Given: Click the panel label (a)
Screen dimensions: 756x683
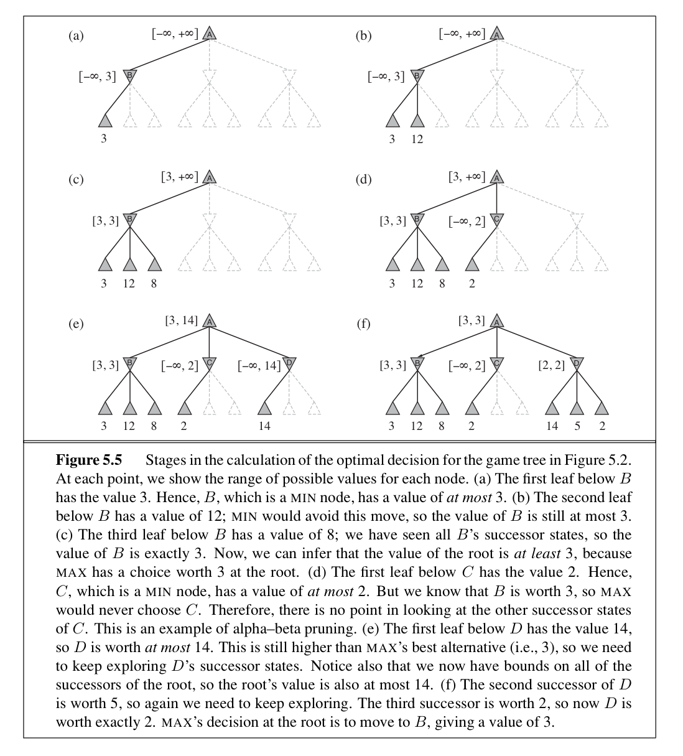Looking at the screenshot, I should click(76, 35).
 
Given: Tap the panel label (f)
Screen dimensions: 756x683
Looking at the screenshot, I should click(363, 324).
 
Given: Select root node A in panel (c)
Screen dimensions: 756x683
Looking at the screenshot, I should click(210, 177).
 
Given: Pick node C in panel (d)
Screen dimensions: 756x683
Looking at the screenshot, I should click(496, 220).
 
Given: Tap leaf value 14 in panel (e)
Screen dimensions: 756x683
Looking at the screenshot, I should click(264, 426).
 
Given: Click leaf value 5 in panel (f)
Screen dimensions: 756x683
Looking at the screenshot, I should click(577, 426).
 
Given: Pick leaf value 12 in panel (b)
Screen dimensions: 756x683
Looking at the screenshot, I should click(417, 139).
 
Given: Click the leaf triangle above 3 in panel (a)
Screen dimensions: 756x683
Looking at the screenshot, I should click(105, 121).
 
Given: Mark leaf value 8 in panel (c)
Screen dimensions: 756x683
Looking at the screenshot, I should click(154, 284).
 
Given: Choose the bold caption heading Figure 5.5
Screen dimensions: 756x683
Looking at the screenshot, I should click(89, 460).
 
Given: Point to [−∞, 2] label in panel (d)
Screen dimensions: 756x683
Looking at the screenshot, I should click(467, 221).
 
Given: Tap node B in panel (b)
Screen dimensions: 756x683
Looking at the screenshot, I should click(417, 76).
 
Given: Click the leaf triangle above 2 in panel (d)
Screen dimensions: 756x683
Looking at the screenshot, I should click(473, 264).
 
